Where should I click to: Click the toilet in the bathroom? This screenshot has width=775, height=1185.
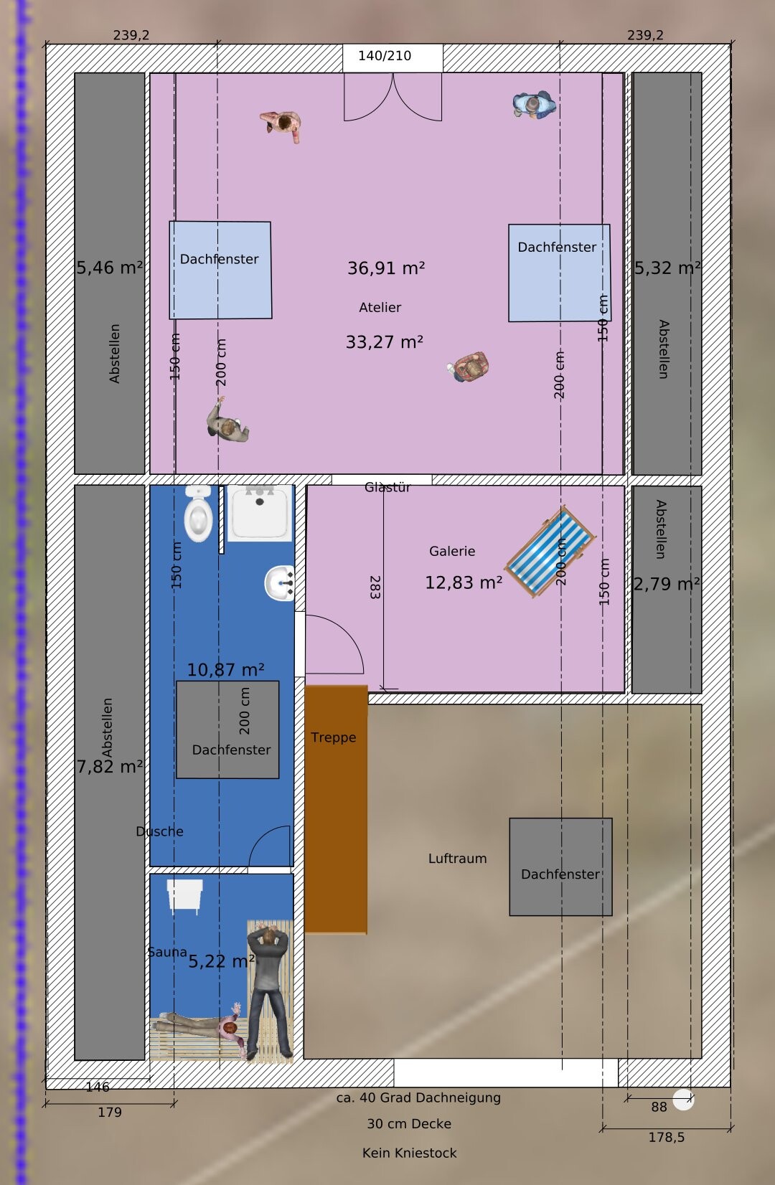198,514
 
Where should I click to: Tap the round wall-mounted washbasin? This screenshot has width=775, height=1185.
280,583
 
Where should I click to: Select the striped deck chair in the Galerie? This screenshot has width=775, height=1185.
550,551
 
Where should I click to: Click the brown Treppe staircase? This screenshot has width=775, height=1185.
336,809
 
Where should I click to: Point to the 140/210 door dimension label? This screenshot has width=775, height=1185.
385,55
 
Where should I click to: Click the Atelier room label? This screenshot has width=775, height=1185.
380,307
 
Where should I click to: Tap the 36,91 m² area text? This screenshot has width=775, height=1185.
386,268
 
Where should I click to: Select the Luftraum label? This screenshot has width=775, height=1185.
457,858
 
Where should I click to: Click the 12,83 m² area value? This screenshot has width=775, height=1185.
464,582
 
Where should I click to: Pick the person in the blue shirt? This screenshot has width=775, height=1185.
534,104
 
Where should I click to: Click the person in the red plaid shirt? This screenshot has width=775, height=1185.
469,366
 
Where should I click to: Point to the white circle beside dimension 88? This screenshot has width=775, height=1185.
683,1100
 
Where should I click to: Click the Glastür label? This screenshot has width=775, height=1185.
387,487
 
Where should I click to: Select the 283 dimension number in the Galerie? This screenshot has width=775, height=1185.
375,587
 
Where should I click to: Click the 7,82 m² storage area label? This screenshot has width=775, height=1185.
110,767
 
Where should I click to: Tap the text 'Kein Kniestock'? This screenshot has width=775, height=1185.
409,1153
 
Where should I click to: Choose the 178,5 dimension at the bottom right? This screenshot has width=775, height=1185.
667,1137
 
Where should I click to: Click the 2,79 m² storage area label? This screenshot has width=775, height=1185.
667,584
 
